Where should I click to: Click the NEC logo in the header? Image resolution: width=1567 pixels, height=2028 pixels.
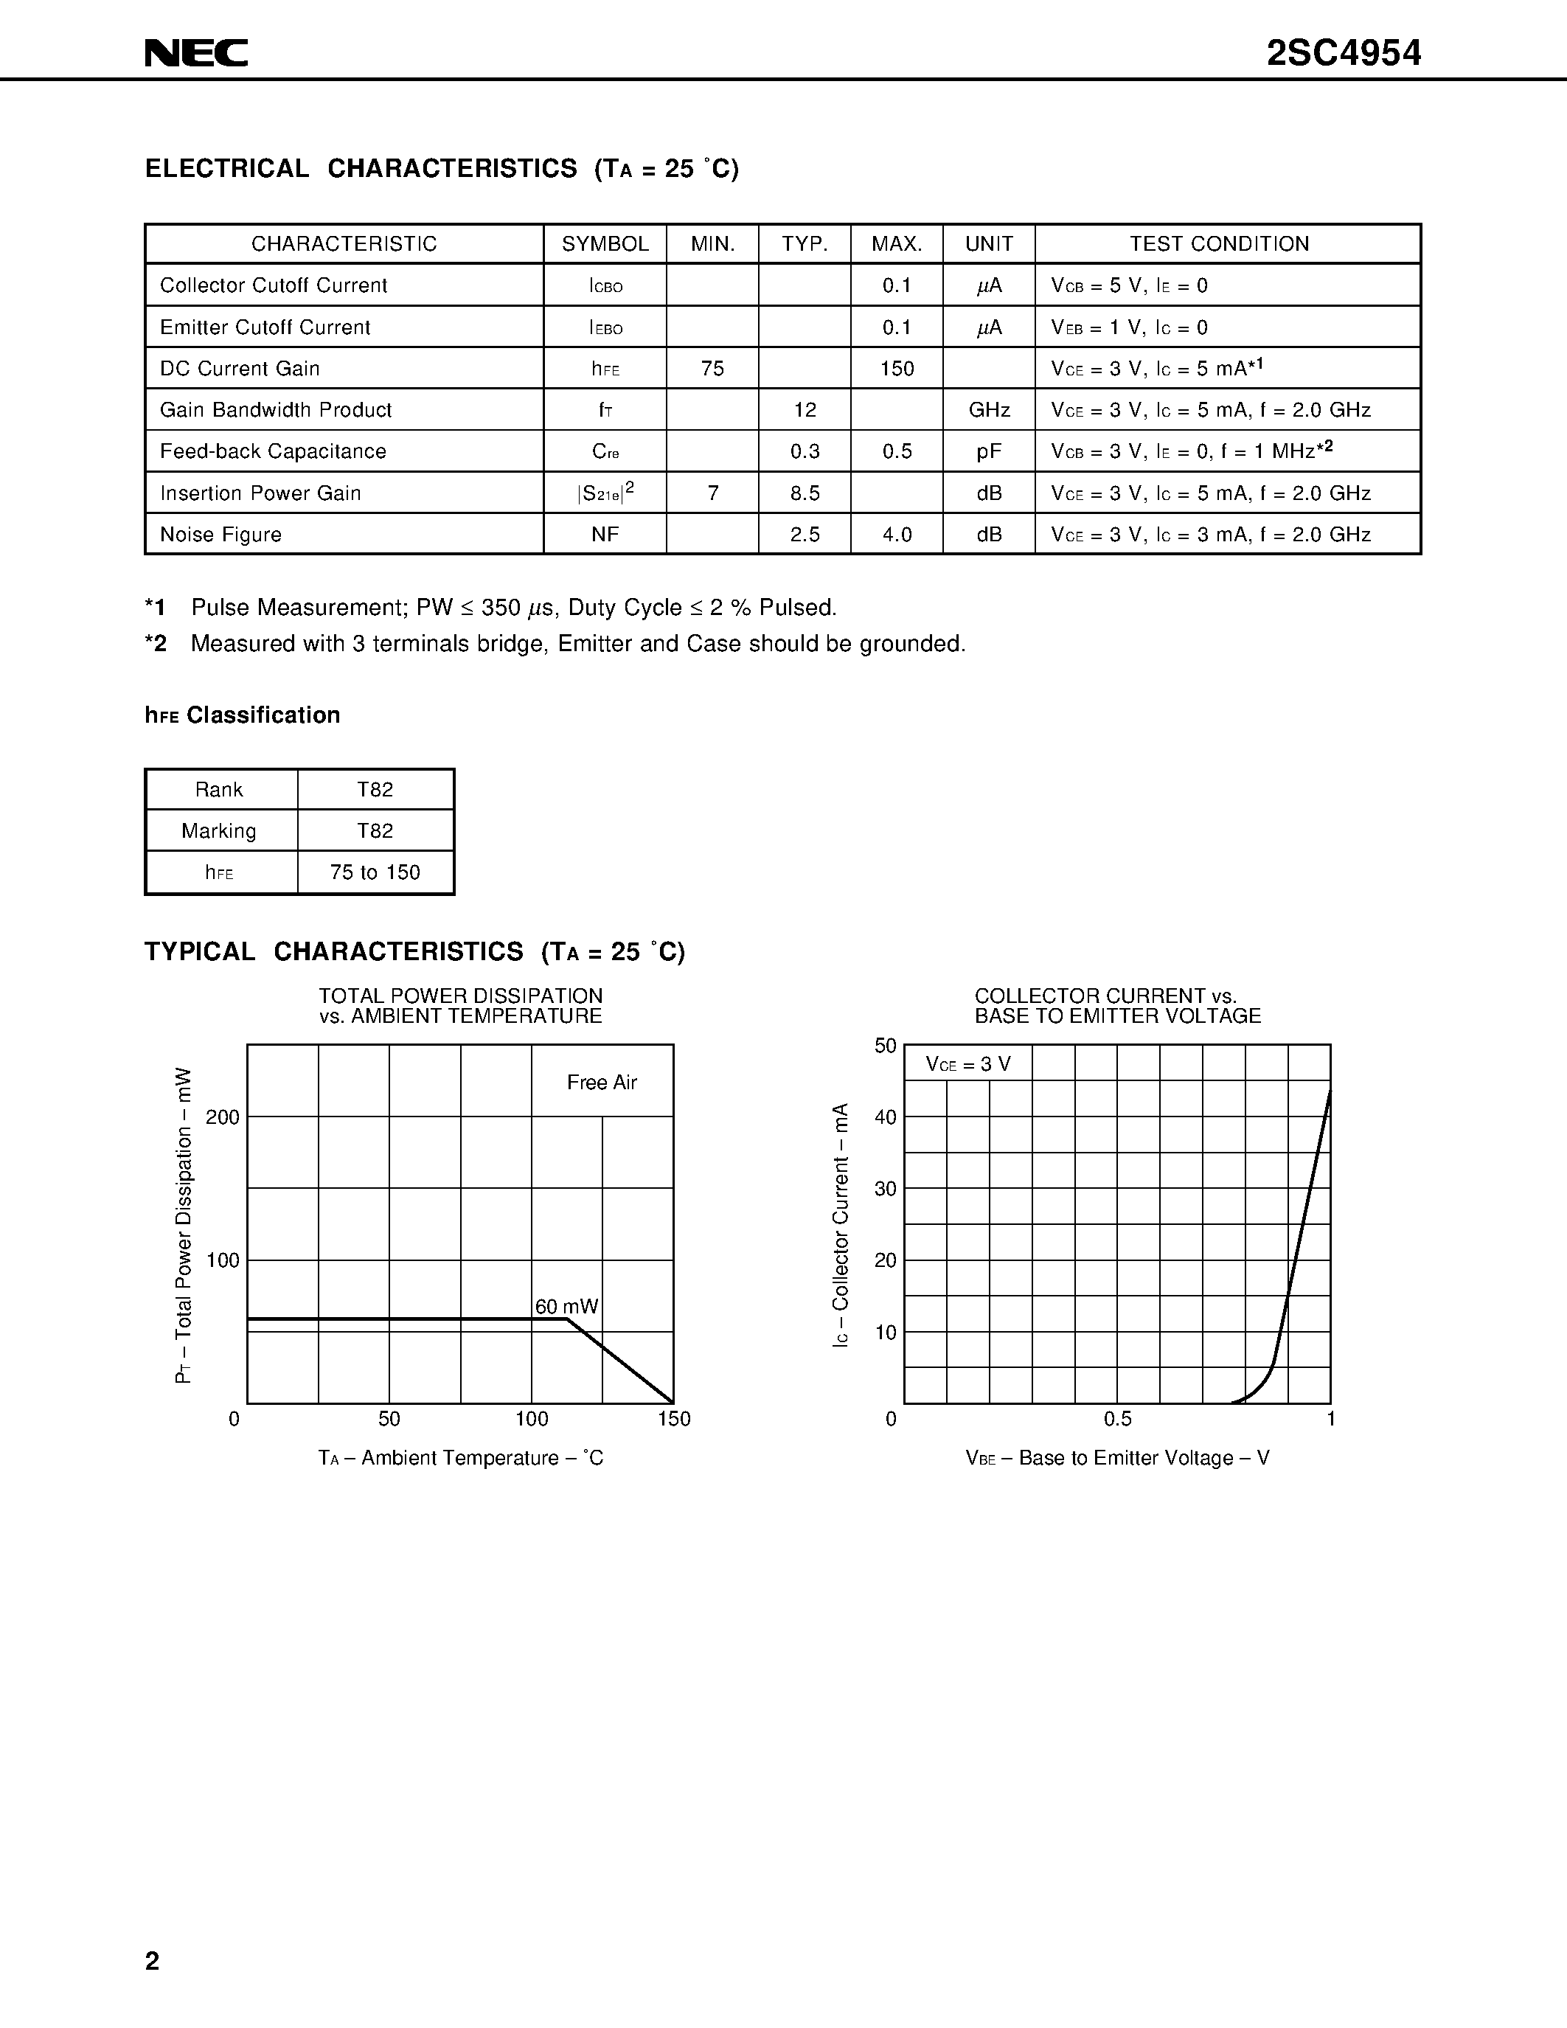[x=196, y=53]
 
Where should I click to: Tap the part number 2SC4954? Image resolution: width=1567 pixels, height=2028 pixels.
[x=1344, y=54]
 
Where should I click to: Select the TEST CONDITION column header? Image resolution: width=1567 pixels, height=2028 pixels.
[x=1219, y=244]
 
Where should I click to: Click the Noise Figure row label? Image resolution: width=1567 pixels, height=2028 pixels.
[x=221, y=535]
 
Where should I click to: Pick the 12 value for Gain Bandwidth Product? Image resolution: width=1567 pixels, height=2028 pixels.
[x=805, y=409]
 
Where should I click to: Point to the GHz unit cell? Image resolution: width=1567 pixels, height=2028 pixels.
[x=989, y=409]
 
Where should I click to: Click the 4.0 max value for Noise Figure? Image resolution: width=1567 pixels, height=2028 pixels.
[x=897, y=535]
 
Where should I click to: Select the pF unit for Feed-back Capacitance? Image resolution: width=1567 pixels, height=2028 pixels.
[x=989, y=451]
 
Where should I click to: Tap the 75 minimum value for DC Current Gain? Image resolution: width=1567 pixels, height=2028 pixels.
[x=713, y=369]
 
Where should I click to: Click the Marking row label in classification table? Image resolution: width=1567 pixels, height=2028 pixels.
[x=219, y=831]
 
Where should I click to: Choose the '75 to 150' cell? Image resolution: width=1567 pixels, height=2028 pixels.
[x=375, y=873]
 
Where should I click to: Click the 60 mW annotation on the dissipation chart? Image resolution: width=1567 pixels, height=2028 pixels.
[x=566, y=1307]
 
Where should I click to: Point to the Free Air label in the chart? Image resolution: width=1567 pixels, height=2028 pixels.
[x=602, y=1083]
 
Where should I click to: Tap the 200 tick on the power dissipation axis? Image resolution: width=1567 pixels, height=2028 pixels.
[x=223, y=1117]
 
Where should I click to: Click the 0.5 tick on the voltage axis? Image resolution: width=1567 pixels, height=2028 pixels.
[x=1118, y=1419]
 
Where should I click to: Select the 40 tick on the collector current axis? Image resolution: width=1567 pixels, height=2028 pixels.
[x=886, y=1117]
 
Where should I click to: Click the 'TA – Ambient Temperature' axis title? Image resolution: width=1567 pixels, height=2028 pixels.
[x=460, y=1459]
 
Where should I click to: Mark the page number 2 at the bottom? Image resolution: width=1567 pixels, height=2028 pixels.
[x=152, y=1961]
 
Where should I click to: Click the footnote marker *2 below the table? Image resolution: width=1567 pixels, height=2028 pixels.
[x=156, y=644]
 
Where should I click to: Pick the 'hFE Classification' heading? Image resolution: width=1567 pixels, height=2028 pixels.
[x=243, y=715]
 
